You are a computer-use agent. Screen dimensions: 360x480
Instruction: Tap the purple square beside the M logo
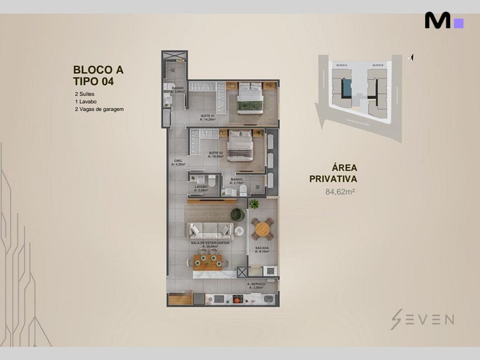[458, 23]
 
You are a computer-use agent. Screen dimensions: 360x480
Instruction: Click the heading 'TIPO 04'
[93, 81]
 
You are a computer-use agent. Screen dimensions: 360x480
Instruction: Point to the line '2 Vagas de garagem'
[99, 109]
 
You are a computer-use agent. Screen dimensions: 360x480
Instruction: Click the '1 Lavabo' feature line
[85, 101]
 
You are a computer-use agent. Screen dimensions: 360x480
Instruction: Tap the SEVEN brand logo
[422, 319]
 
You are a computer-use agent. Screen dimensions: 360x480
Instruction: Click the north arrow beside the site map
[411, 58]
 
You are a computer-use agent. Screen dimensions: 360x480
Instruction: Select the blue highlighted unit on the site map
[346, 87]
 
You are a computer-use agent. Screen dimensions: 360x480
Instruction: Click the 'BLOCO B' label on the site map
[378, 65]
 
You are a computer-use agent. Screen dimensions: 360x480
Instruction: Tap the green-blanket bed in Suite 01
[250, 98]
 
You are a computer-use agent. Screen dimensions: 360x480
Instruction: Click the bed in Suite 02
[240, 145]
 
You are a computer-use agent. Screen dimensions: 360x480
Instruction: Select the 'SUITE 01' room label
[207, 116]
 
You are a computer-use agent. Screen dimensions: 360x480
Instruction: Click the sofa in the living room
[210, 231]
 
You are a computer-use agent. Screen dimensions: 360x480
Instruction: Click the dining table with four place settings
[208, 261]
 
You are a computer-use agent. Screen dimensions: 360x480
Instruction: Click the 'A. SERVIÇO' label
[256, 284]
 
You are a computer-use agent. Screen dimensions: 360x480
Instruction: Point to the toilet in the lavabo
[211, 181]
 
